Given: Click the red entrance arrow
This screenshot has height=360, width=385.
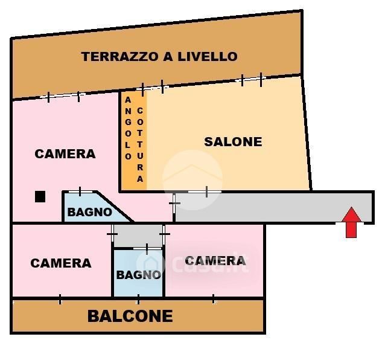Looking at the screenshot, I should (352, 222).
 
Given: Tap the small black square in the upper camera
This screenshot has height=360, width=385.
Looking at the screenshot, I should (40, 196).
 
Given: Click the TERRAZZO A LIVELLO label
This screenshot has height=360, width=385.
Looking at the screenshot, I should (159, 57).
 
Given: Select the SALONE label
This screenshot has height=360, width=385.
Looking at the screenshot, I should (233, 142).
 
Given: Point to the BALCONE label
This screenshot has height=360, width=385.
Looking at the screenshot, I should (130, 316).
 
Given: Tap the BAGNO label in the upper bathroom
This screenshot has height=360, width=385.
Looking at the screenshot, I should (89, 212).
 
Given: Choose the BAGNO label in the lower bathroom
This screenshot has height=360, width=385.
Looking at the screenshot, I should (138, 275).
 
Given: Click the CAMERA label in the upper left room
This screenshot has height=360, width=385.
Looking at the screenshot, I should (65, 154).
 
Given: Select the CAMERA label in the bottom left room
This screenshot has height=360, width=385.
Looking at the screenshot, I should (61, 263).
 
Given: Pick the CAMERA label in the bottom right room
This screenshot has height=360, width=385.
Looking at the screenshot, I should (215, 261).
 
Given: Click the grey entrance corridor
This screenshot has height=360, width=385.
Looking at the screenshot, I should (272, 207).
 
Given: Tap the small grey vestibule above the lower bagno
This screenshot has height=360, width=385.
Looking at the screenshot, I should (138, 235).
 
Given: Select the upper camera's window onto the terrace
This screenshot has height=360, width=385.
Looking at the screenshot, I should (63, 96).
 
